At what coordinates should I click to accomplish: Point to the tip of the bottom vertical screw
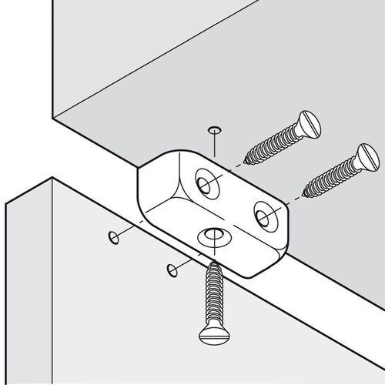pos(212,263)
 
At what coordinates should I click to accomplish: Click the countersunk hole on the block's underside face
pos(212,235)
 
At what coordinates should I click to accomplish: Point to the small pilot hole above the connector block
pos(214,128)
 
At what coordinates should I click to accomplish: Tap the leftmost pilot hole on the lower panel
pos(114,235)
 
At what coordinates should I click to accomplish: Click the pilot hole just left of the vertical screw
pos(170,269)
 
